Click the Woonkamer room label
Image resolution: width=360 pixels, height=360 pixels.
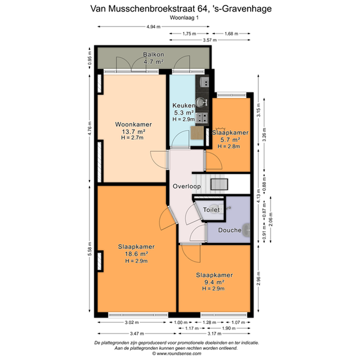(133, 124)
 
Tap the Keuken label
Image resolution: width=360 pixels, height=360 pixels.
(184, 106)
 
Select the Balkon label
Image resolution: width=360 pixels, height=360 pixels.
(154, 55)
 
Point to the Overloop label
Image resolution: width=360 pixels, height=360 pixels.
(187, 186)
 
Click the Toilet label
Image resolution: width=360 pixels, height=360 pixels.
(211, 209)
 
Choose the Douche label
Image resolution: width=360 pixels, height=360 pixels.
(230, 230)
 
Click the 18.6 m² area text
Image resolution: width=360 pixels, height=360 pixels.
(136, 254)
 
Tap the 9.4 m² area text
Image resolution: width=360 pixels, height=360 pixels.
(214, 282)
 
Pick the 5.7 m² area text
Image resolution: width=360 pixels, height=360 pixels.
(230, 140)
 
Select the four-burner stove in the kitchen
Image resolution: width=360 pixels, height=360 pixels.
(202, 118)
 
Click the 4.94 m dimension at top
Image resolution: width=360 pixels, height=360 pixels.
(154, 26)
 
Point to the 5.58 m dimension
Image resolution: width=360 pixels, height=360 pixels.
(90, 249)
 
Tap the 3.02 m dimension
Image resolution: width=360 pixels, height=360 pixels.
(132, 322)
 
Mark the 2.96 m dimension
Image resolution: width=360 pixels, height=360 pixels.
(259, 278)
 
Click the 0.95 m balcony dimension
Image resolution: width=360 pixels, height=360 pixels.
(90, 58)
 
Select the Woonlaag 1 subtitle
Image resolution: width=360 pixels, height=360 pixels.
(184, 17)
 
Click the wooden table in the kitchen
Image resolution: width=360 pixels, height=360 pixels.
(197, 133)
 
